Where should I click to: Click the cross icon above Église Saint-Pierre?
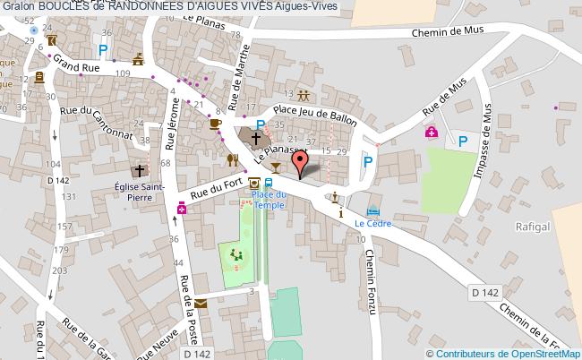(140, 171)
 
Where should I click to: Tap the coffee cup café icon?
(215, 124)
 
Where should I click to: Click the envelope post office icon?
(201, 304)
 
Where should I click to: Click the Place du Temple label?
(268, 200)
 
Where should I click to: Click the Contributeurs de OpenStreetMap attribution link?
(511, 352)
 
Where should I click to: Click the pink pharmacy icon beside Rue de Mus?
(432, 133)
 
